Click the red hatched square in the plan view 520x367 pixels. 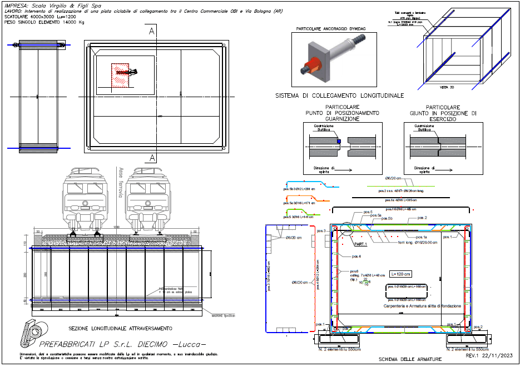click(120, 75)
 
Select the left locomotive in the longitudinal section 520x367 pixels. click(85, 197)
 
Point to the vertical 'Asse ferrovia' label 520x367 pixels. click(120, 183)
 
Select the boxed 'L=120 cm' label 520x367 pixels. click(400, 274)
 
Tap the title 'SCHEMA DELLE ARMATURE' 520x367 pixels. click(410, 359)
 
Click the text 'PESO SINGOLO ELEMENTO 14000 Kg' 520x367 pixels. click(44, 23)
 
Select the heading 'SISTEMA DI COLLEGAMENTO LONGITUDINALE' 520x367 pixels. click(339, 95)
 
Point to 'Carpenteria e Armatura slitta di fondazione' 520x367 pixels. click(419, 306)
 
